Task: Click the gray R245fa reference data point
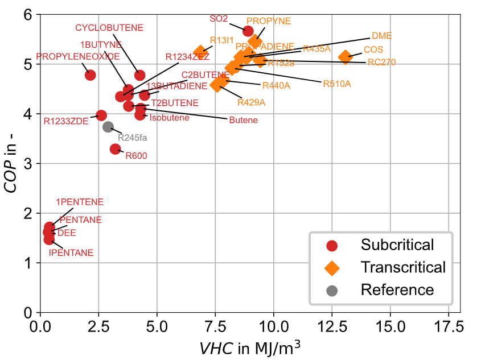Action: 108,127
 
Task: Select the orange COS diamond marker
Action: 345,57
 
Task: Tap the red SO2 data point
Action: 248,31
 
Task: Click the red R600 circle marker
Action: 116,149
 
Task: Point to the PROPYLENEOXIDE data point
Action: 90,75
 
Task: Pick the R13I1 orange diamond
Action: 200,52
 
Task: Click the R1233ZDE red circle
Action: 101,115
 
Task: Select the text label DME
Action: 381,35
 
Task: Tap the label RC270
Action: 381,62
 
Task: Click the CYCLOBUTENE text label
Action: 109,27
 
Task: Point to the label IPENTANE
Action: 71,253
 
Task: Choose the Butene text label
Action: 243,120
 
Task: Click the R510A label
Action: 337,84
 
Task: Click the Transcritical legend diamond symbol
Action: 332,267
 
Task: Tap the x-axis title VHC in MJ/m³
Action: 250,347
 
